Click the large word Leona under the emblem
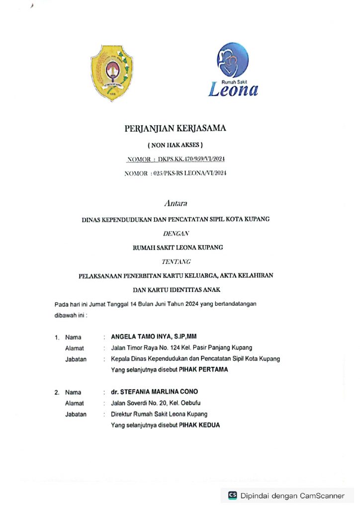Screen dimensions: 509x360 (233, 89)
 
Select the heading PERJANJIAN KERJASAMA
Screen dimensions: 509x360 (175, 129)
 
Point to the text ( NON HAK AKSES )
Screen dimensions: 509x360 (175, 146)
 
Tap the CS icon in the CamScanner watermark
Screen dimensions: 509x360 (233, 495)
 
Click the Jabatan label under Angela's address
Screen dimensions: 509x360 (76, 359)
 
